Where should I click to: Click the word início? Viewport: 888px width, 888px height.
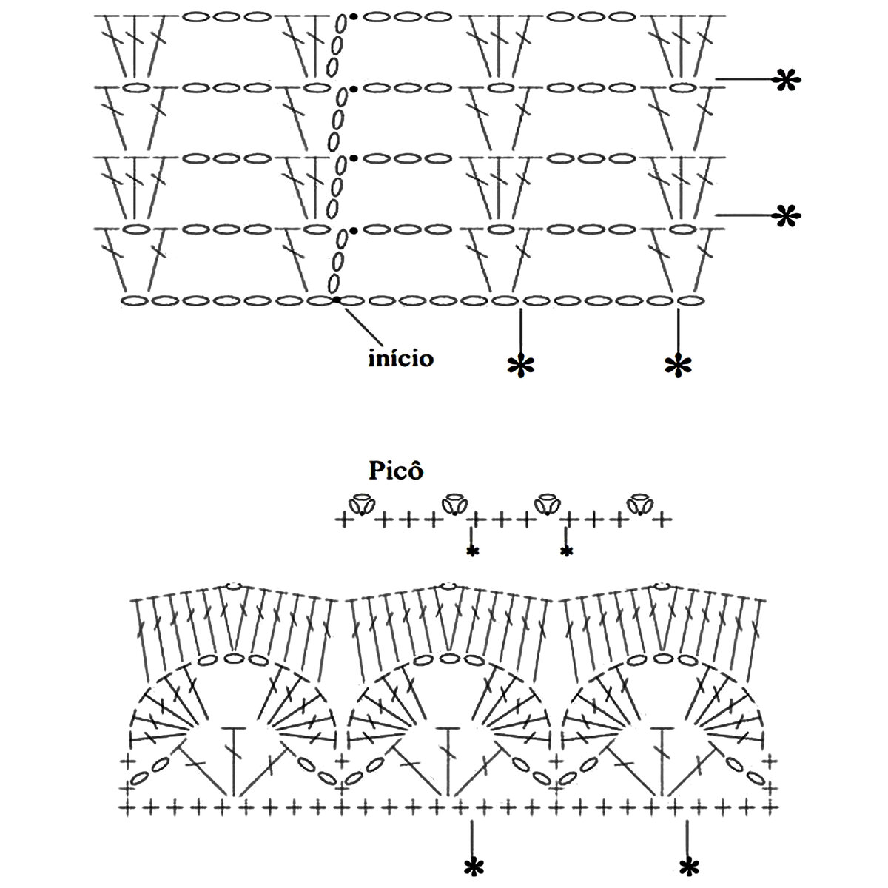[x=401, y=359]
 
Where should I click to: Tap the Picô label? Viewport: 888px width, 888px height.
[x=395, y=471]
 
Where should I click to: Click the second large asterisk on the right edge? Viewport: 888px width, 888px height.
[x=787, y=215]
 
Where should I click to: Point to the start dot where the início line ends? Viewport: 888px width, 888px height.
[x=337, y=300]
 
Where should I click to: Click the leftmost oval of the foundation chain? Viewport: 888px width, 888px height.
[x=132, y=300]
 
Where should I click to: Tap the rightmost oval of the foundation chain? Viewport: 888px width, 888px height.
[x=690, y=300]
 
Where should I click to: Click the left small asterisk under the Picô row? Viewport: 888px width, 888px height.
[x=471, y=551]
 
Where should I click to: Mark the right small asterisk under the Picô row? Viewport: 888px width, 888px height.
[x=567, y=551]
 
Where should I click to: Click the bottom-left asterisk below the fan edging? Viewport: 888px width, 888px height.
[x=471, y=866]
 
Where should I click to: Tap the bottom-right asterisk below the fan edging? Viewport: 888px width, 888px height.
[x=689, y=866]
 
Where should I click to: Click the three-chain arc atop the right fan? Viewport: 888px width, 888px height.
[x=664, y=657]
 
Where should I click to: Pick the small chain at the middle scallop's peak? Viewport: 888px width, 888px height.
[x=447, y=587]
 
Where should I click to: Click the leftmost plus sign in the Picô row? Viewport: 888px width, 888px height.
[x=343, y=520]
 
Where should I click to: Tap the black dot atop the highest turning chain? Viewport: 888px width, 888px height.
[x=354, y=16]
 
